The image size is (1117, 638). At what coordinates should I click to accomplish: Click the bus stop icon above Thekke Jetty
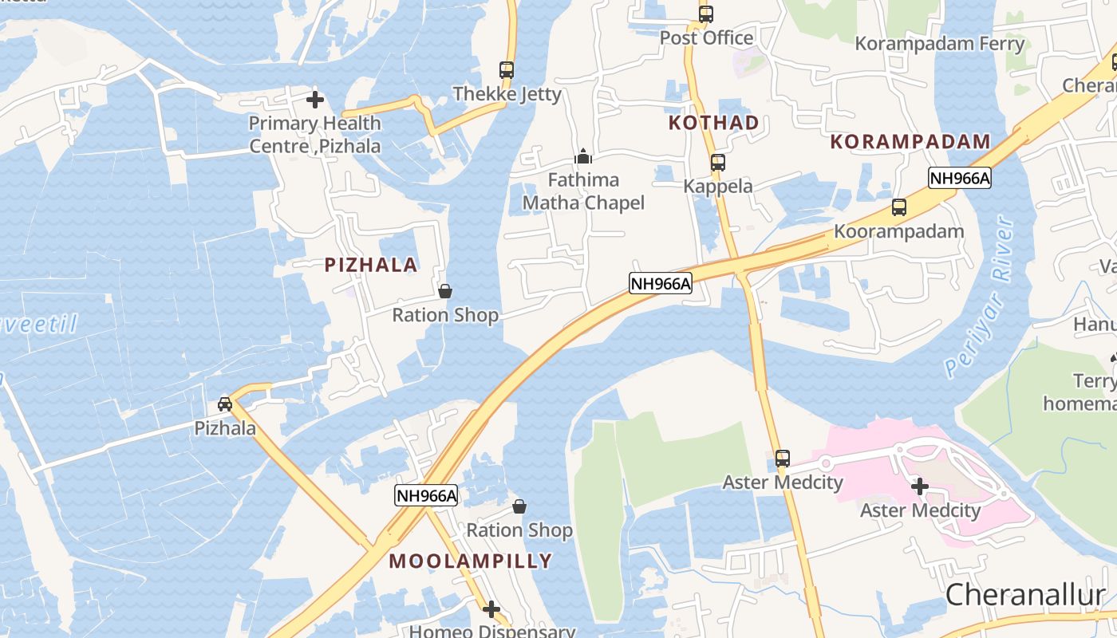[x=507, y=70]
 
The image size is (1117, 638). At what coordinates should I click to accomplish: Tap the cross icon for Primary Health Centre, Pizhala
[x=315, y=100]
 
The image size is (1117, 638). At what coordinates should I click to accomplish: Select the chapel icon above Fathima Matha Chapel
[x=583, y=156]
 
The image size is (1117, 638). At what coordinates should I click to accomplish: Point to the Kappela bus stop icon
[x=718, y=163]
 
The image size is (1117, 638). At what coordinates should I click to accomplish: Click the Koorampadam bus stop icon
[x=899, y=207]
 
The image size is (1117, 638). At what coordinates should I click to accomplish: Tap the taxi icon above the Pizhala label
[x=226, y=404]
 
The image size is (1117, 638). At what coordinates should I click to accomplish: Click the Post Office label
[x=706, y=37]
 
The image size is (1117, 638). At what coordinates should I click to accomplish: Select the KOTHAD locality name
[x=713, y=123]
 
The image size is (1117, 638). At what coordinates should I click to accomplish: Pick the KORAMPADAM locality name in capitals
[x=910, y=142]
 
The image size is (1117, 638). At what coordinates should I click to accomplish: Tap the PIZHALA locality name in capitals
[x=371, y=266]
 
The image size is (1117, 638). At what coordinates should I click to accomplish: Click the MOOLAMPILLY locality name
[x=471, y=561]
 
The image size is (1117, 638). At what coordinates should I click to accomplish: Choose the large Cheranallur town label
[x=1025, y=595]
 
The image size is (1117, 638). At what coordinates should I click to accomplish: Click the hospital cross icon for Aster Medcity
[x=920, y=486]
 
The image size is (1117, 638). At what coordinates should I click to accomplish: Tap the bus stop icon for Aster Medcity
[x=783, y=459]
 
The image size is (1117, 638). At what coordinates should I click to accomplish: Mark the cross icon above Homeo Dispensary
[x=491, y=609]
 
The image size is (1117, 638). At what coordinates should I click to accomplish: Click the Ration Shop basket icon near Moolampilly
[x=519, y=506]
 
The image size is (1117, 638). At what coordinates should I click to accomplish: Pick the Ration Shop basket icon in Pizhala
[x=445, y=291]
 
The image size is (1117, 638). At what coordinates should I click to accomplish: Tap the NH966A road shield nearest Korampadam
[x=959, y=179]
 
